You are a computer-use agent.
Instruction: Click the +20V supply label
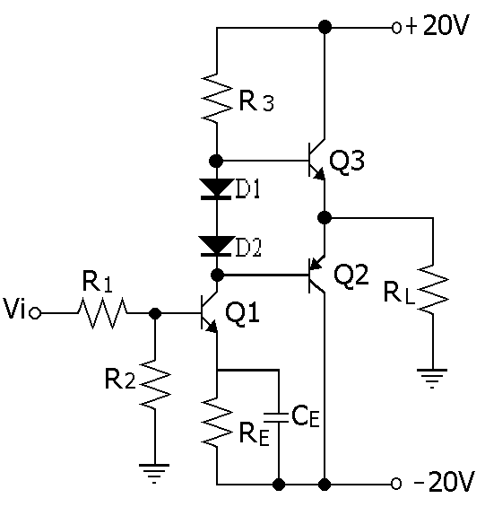tap(437, 25)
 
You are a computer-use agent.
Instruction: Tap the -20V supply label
tap(445, 483)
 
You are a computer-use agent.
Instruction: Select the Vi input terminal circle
tap(35, 313)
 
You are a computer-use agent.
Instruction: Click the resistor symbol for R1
tap(102, 313)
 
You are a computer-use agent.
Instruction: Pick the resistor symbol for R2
tap(155, 385)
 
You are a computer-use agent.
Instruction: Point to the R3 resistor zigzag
tap(217, 98)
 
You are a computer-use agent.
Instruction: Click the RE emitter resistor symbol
tap(217, 423)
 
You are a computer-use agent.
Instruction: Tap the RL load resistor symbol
tap(433, 289)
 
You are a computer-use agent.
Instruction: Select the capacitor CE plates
tap(275, 417)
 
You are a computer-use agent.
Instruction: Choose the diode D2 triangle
tap(216, 246)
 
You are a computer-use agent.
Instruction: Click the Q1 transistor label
tap(242, 314)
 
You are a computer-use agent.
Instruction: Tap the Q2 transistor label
tap(351, 275)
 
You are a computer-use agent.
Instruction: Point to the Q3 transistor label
tap(347, 162)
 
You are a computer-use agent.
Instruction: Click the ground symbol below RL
tap(432, 378)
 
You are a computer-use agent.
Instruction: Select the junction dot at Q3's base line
tap(216, 161)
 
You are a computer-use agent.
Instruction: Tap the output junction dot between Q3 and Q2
tap(325, 217)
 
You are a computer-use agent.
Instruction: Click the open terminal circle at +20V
tap(396, 28)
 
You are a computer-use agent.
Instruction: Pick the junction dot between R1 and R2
tap(155, 313)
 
